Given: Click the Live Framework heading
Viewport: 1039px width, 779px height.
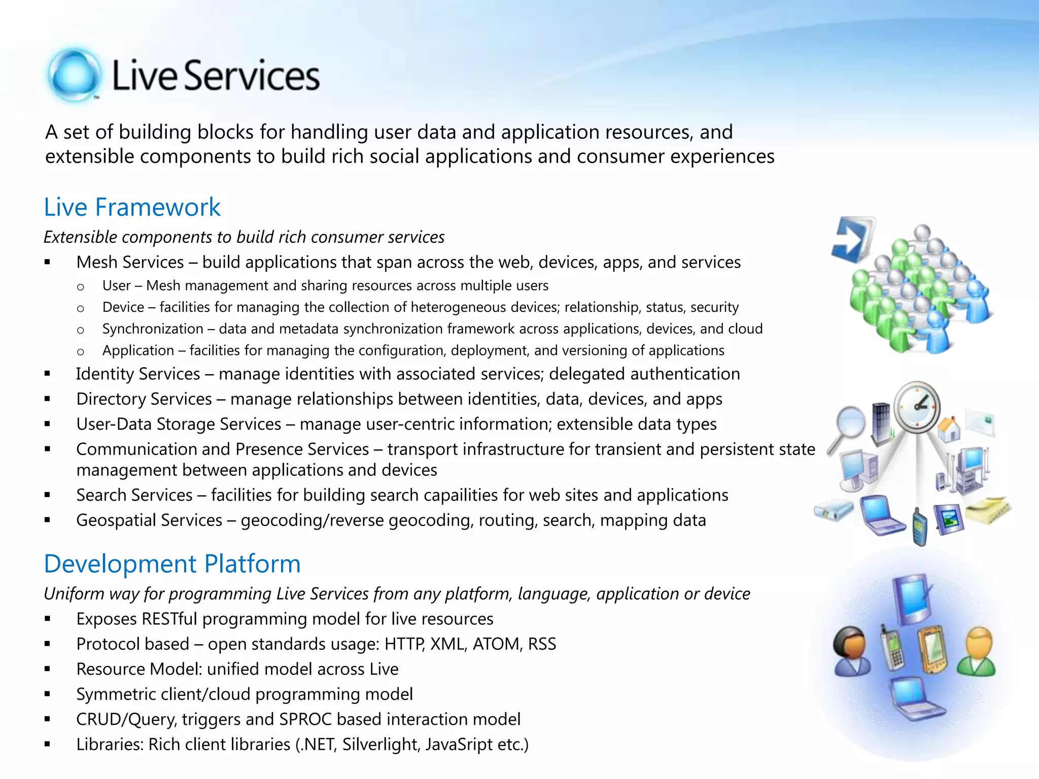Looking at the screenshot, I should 132,207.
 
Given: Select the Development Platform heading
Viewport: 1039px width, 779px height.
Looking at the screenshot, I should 172,564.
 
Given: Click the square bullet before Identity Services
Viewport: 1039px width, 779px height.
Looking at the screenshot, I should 47,374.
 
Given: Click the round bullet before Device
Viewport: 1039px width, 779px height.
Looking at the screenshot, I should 80,308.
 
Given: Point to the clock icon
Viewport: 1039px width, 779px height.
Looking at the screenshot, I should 917,406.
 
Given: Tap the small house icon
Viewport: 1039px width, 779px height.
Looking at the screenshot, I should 949,429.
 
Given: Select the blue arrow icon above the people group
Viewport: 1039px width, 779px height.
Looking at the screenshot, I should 852,238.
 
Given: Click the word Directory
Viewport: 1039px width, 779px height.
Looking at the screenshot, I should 111,399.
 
